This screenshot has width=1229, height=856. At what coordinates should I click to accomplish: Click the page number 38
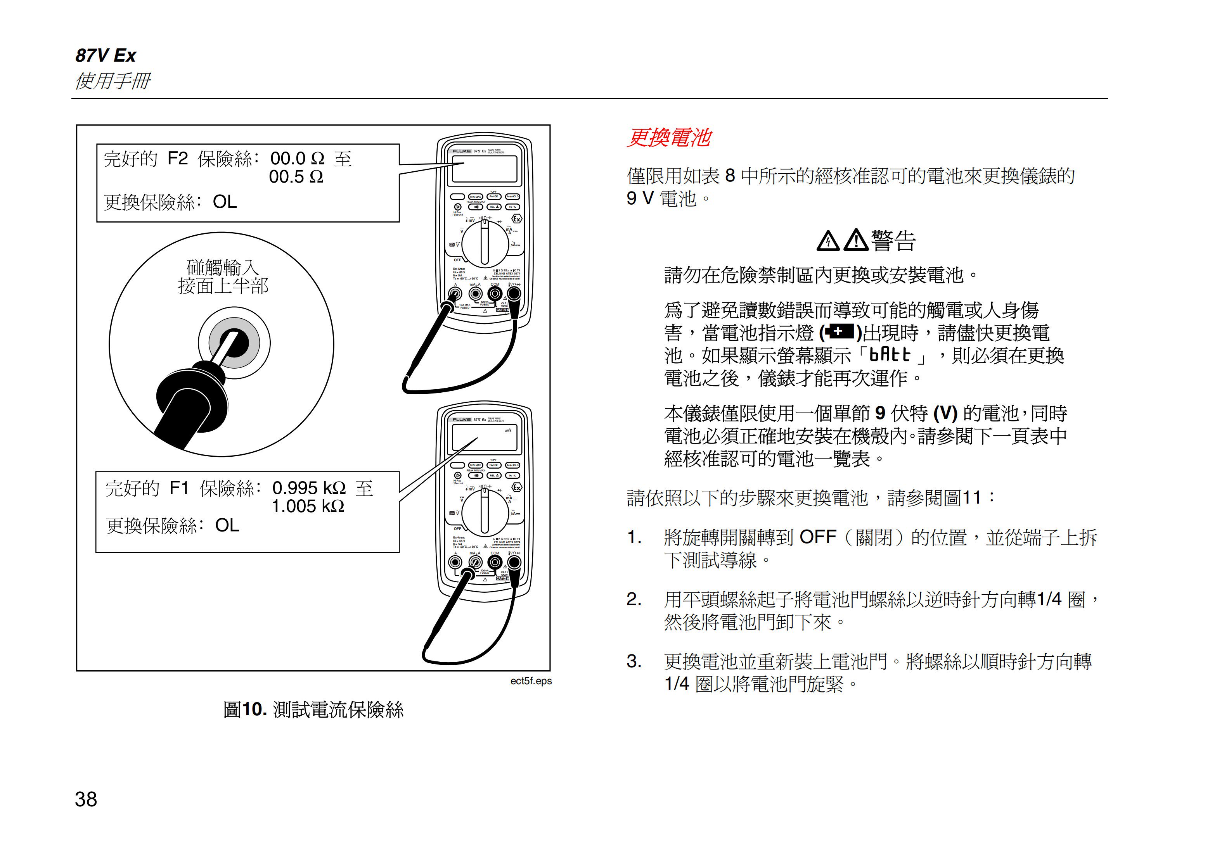click(86, 799)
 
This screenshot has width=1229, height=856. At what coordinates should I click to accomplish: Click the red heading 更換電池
click(669, 138)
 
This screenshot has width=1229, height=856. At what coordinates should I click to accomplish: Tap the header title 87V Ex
click(106, 55)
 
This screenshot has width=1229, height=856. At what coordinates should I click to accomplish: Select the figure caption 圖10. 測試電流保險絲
click(313, 710)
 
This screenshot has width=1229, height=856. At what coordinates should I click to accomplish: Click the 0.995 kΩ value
click(309, 488)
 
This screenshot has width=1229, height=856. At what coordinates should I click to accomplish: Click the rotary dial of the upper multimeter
click(485, 243)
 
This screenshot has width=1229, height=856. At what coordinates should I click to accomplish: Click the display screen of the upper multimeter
click(485, 169)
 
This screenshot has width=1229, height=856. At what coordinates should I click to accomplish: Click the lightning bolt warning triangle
click(828, 241)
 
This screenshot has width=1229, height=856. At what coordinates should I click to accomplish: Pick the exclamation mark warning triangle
click(856, 240)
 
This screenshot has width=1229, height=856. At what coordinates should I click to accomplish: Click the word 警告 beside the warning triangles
click(893, 241)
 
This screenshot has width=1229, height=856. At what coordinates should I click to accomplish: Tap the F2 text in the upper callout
click(178, 158)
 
